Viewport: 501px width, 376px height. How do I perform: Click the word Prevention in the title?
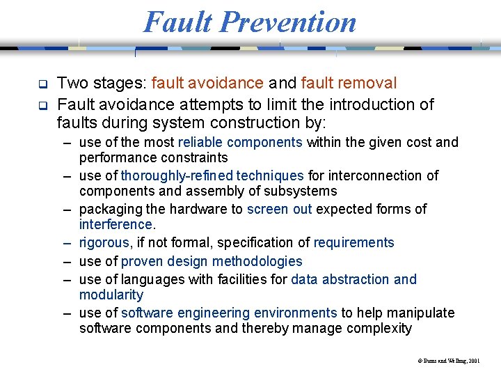click(x=288, y=22)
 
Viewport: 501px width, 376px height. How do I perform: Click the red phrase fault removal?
click(x=349, y=84)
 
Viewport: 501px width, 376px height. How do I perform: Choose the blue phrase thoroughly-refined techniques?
click(x=212, y=175)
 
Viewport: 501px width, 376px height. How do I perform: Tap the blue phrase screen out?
click(x=279, y=209)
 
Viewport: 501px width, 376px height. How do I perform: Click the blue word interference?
click(x=116, y=224)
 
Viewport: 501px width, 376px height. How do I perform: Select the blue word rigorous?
click(x=104, y=242)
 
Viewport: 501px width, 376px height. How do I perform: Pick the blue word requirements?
click(x=353, y=242)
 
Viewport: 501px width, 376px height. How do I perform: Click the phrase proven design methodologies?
click(x=212, y=261)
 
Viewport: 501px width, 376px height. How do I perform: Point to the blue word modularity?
click(x=111, y=295)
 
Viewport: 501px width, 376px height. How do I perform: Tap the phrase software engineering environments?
click(x=229, y=313)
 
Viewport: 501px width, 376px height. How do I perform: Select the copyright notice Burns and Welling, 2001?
click(x=449, y=361)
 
